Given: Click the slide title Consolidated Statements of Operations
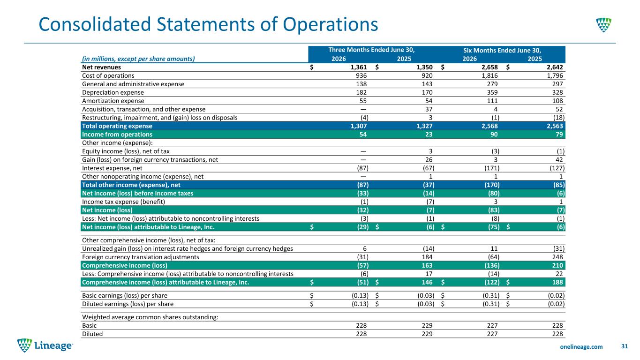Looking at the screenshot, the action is [208, 24].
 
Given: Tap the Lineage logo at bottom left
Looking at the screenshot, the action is [45, 345].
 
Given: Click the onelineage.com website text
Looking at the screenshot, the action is [581, 346].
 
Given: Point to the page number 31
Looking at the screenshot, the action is [624, 346].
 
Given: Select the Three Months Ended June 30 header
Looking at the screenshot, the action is [371, 50].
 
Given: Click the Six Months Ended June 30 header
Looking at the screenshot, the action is [502, 50].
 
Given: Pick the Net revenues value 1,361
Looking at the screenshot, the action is [359, 67].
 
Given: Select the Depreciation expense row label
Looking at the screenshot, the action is [113, 92].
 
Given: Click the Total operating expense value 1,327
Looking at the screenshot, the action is [424, 126].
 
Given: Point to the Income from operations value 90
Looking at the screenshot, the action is [494, 135].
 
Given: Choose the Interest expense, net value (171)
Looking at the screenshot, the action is [492, 168].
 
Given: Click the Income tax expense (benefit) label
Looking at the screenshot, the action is [123, 202].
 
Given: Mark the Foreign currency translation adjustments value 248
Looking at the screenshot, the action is [557, 257].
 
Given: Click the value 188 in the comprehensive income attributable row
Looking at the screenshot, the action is [557, 282].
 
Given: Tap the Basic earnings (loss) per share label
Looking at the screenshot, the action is [125, 295].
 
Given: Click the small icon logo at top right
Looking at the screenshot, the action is [603, 25].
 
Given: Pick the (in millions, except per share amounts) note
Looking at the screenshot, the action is [138, 59].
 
